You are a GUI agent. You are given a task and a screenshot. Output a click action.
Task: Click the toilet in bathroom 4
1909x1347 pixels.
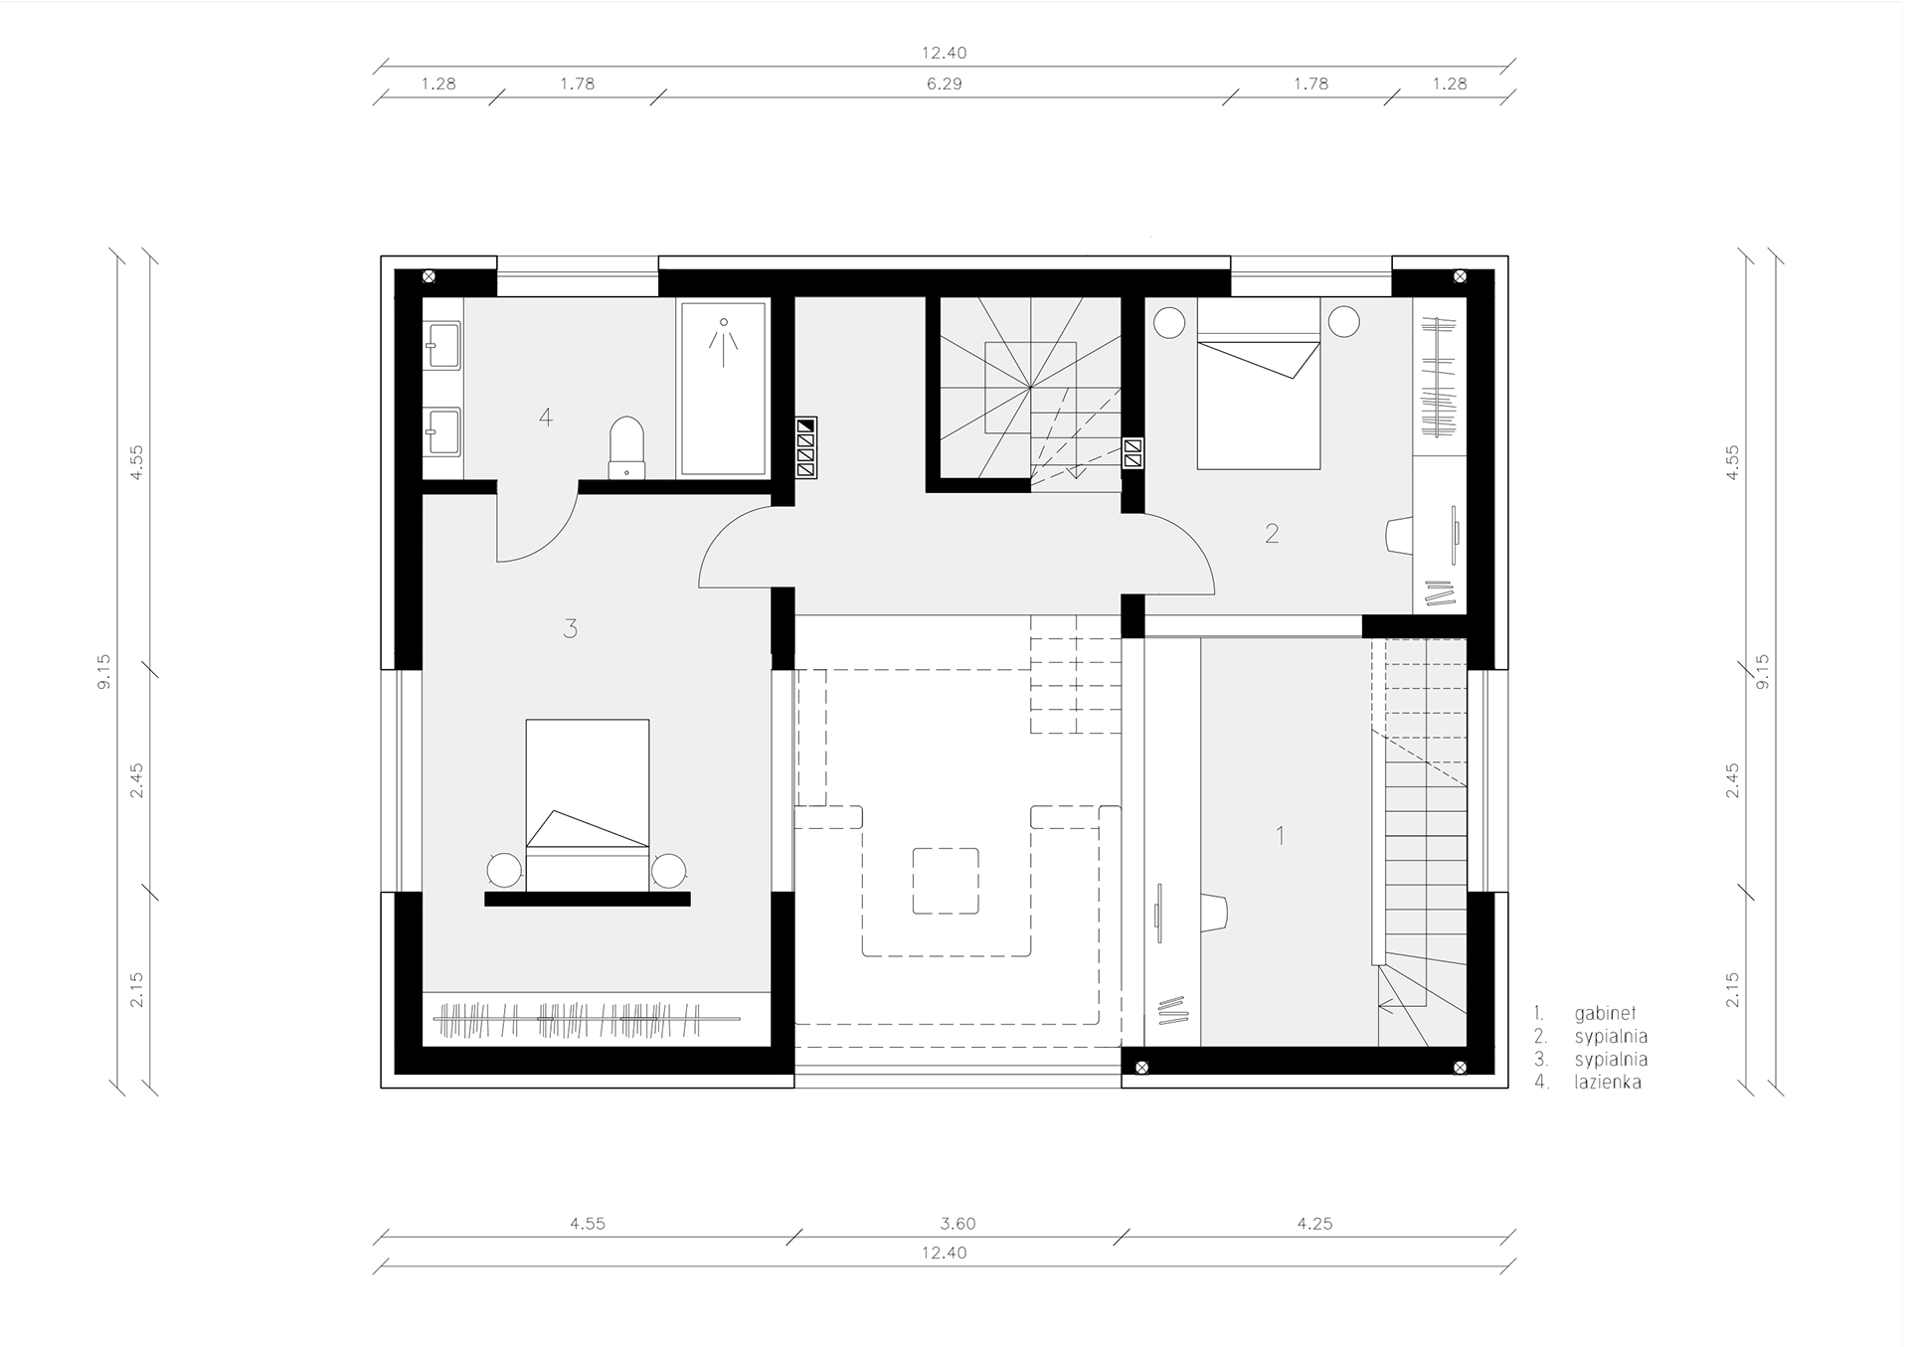coord(626,447)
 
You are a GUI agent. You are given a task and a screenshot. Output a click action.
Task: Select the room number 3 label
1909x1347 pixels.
coord(570,628)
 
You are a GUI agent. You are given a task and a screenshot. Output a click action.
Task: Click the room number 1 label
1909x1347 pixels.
coord(1281,835)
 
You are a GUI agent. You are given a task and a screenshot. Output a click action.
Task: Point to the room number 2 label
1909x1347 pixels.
coord(1272,534)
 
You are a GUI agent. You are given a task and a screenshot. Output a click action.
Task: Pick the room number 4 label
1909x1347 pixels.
coord(545,417)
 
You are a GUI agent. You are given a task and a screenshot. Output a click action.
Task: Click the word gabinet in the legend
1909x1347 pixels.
coord(1605,1014)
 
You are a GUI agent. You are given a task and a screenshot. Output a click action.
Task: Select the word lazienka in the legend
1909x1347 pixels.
coord(1608,1083)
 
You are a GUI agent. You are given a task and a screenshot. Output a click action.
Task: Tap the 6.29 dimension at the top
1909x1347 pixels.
coord(944,84)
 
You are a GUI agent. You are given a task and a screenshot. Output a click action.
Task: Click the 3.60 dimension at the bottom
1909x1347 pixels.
coord(958,1224)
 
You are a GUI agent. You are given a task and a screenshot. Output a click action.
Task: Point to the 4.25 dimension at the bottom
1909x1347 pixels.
coord(1314,1224)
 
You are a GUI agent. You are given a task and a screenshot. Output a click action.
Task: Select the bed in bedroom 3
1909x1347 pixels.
coord(588,805)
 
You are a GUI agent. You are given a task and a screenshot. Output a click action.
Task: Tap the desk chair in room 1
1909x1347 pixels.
coord(1214,912)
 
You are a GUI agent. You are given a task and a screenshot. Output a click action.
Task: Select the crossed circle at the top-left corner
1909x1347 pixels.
coord(429,276)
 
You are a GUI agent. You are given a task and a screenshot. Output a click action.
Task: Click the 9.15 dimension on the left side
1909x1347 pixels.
coord(104,671)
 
